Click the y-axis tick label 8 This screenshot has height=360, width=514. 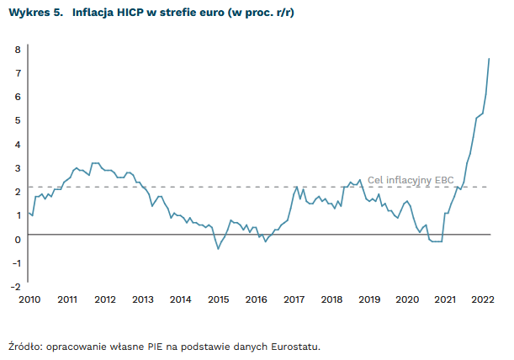tap(17, 50)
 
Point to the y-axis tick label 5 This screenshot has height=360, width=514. tap(17, 120)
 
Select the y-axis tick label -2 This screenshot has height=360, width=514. tap(15, 286)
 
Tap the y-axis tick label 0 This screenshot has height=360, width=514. tap(17, 239)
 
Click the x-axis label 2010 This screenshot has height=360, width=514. tap(29, 299)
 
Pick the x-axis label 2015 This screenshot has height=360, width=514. tap(218, 299)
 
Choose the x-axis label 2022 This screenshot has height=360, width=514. tap(483, 299)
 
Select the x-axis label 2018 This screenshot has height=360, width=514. tap(331, 299)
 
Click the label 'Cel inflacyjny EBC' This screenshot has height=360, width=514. tap(410, 179)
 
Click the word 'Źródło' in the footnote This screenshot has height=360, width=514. tap(26, 346)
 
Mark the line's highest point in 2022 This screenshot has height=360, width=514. tap(490, 58)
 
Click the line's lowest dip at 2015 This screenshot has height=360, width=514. tap(218, 249)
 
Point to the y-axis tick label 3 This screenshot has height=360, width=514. tap(17, 167)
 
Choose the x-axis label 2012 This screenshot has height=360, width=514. tap(104, 299)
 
